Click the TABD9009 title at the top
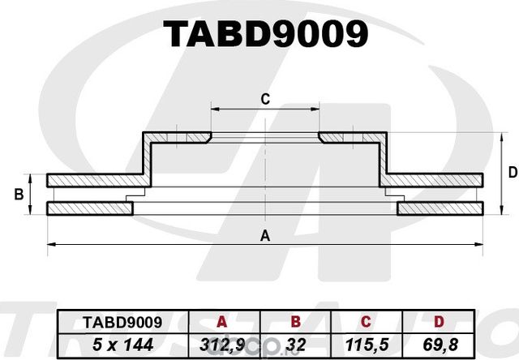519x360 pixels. point(265,33)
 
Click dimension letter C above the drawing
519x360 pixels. point(264,99)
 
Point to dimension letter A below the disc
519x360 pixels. point(264,236)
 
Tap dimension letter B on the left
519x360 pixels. point(18,195)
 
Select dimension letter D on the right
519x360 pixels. point(512,172)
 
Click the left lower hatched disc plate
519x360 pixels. point(89,209)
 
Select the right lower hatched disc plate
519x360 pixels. point(442,209)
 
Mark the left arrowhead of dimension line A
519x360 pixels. point(51,243)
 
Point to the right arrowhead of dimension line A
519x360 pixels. point(481,243)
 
